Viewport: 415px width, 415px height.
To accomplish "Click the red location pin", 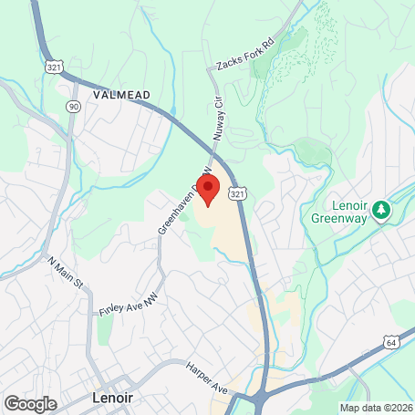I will pyautogui.click(x=207, y=190).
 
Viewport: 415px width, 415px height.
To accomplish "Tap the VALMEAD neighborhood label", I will pyautogui.click(x=121, y=94).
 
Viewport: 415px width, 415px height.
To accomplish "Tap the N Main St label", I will pyautogui.click(x=66, y=273).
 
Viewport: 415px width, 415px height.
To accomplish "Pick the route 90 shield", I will pyautogui.click(x=72, y=106).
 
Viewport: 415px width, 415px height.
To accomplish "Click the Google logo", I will pyautogui.click(x=30, y=403).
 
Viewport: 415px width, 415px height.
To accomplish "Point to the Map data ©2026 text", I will pyautogui.click(x=375, y=408).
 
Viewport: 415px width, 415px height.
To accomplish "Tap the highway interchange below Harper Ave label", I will pyautogui.click(x=255, y=398).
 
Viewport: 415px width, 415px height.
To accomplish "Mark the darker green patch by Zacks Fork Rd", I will pyautogui.click(x=294, y=40).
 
